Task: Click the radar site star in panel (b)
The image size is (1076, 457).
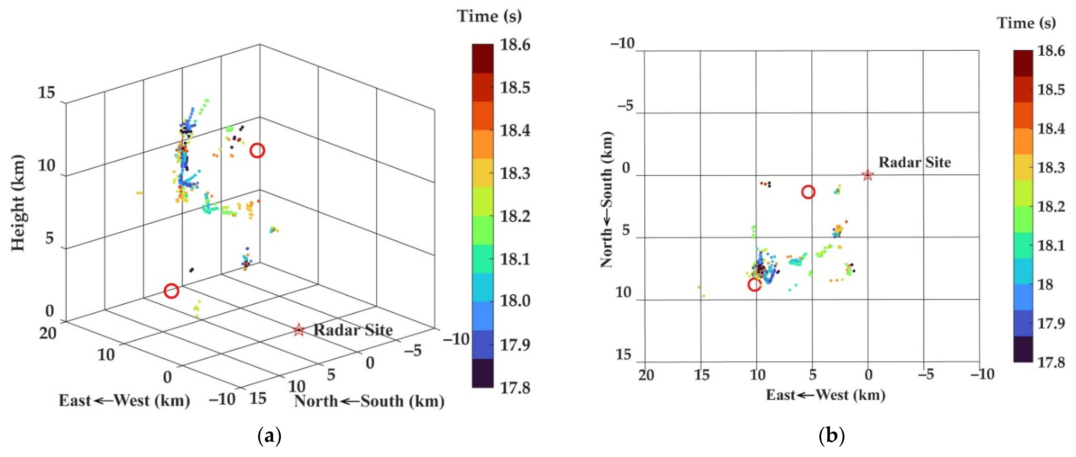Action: (868, 175)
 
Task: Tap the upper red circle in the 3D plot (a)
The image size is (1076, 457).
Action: (257, 150)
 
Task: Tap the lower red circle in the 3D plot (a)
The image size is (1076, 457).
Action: (171, 291)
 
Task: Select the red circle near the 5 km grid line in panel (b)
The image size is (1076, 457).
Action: (808, 192)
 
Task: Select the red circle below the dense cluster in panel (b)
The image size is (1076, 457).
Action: (754, 284)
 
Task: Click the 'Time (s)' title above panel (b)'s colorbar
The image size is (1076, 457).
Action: (1026, 23)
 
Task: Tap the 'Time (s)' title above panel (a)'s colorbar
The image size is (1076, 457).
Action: (489, 16)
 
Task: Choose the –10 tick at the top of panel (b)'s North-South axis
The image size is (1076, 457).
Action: (622, 43)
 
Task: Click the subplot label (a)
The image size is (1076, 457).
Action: (270, 436)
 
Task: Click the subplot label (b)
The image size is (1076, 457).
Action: (831, 436)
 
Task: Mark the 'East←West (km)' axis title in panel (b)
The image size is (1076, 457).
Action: (825, 395)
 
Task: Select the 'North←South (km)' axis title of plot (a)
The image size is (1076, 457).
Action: (369, 401)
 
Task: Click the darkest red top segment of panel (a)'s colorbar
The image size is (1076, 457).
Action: (483, 59)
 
